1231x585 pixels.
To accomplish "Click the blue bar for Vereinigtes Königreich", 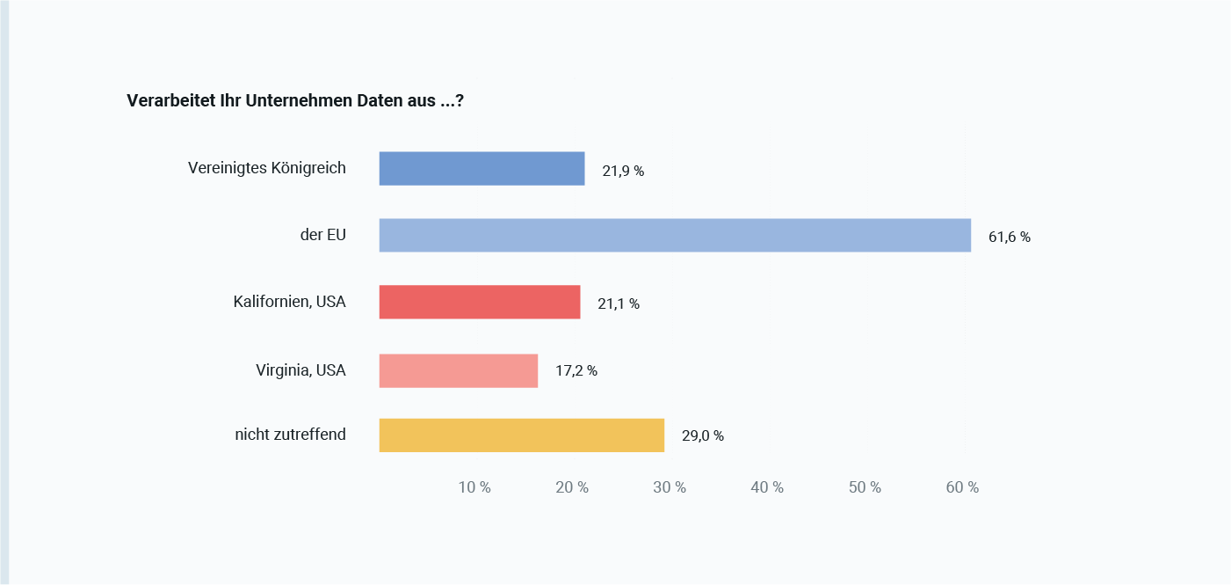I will (482, 169).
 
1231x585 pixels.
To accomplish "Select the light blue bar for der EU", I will (675, 236).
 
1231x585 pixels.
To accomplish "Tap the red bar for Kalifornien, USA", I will (480, 302).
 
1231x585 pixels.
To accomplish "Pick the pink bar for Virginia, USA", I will (458, 370).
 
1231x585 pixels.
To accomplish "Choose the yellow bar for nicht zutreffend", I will (521, 435).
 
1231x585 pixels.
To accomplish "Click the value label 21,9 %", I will (623, 171).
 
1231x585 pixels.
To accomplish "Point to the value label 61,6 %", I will (1009, 237).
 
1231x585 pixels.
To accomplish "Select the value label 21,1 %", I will (619, 303).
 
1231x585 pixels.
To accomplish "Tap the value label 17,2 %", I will (576, 370).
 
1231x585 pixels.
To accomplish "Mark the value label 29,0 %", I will (703, 435).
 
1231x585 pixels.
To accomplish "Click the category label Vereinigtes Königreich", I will (267, 167).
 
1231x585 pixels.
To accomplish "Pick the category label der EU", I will (323, 235).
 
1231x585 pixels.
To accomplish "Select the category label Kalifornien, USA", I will (289, 302).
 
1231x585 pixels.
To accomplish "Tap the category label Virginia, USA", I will (301, 370).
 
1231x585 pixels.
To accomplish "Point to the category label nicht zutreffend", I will (290, 434).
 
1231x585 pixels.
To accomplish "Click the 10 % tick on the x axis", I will (474, 487).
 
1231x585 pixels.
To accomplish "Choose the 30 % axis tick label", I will (670, 487).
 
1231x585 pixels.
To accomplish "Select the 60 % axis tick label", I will (962, 487).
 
